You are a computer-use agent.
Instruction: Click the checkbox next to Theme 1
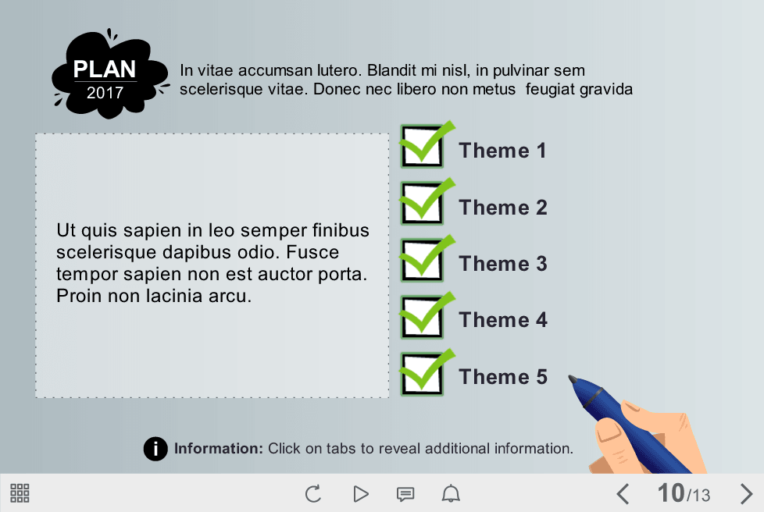tap(422, 147)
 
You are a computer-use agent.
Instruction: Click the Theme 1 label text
tap(502, 151)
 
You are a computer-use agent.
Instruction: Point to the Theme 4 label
tap(503, 320)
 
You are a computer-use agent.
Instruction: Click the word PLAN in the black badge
tap(105, 69)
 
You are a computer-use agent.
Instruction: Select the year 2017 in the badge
tap(105, 92)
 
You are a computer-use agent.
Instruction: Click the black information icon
tap(155, 448)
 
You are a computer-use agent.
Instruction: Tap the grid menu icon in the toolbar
tap(20, 493)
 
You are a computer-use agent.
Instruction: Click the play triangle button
tap(361, 493)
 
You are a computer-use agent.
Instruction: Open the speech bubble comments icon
tap(405, 494)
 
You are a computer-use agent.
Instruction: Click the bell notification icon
tap(451, 493)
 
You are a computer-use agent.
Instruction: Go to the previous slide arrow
tap(623, 493)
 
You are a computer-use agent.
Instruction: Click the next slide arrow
tap(746, 493)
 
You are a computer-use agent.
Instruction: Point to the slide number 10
tap(671, 493)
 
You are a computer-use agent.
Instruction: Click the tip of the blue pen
tap(569, 377)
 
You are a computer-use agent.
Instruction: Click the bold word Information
tap(218, 448)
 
